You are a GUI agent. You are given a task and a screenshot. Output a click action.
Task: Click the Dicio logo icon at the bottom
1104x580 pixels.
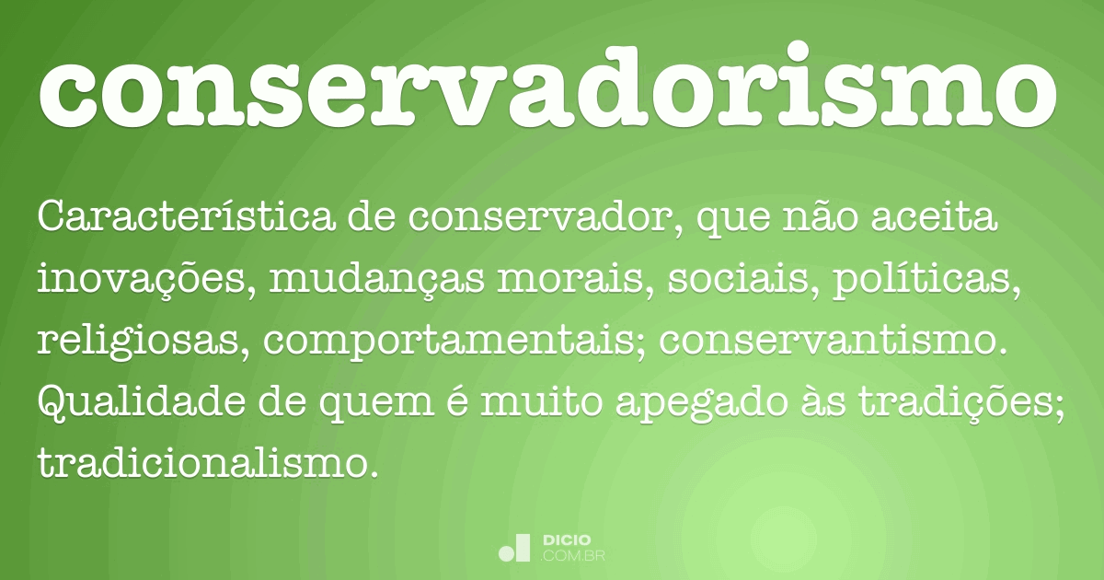(514, 548)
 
